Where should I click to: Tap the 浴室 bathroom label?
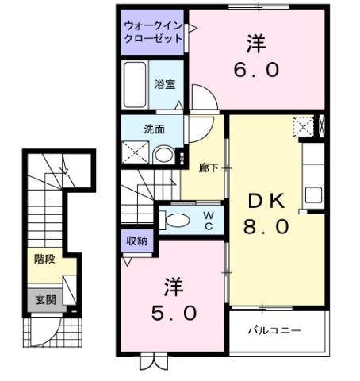click(165, 83)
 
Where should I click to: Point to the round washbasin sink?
click(164, 155)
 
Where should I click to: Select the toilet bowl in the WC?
click(177, 220)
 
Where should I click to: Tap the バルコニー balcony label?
click(274, 330)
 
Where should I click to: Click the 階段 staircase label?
click(44, 258)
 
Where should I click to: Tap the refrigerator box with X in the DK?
click(304, 126)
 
